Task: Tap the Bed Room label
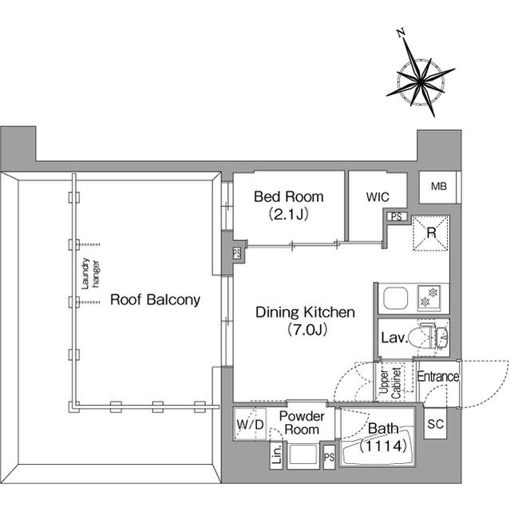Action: (289, 197)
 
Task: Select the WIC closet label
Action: (378, 197)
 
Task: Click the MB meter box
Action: (438, 187)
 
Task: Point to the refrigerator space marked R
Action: (431, 232)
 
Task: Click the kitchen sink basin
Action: (395, 298)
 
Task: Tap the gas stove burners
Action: (429, 297)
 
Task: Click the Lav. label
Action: (394, 338)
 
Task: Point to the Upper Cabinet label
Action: (390, 383)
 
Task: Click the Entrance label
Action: (438, 377)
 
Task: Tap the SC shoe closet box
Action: (436, 424)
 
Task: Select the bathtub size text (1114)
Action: (383, 446)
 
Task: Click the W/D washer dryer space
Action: (250, 424)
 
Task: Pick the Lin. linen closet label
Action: (276, 454)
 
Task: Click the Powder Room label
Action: (302, 423)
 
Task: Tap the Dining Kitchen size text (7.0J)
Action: (306, 330)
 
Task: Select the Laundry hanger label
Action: (90, 274)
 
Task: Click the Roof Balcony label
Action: (155, 300)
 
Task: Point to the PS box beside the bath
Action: (329, 458)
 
